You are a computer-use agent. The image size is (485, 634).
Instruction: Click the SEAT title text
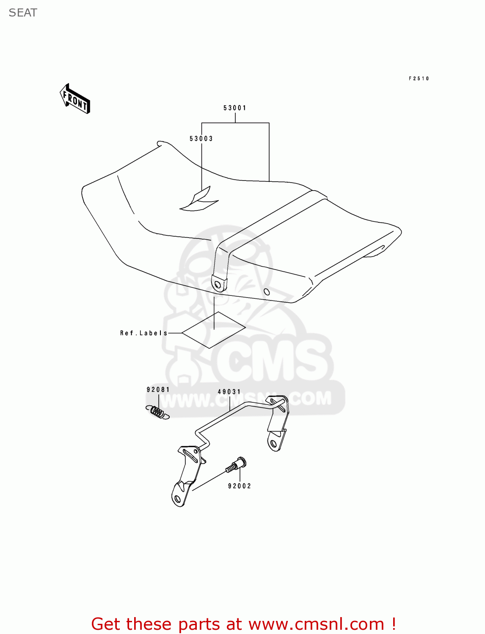click(23, 13)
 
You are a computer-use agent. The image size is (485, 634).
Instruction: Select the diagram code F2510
click(419, 79)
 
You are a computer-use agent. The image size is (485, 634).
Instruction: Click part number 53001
click(235, 108)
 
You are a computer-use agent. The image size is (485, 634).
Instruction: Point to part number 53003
click(201, 139)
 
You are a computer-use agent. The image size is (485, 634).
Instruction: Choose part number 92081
click(158, 390)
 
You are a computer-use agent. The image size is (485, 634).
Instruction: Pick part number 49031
click(229, 392)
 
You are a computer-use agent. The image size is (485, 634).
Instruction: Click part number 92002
click(240, 486)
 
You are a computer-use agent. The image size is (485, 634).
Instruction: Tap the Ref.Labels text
click(144, 333)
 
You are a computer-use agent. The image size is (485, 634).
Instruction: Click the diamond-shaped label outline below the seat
click(214, 330)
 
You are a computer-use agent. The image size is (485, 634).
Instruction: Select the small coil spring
click(158, 412)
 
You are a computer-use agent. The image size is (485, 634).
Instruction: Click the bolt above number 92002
click(236, 465)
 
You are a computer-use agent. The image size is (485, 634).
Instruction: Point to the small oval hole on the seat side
click(267, 292)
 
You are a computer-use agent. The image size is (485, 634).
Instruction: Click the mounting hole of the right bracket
click(273, 443)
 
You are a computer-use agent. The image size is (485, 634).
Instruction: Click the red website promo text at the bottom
click(244, 624)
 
